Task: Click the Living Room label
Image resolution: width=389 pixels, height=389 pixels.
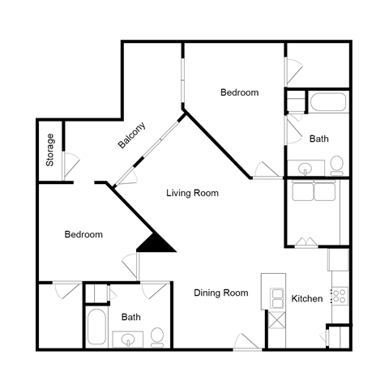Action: (x=192, y=193)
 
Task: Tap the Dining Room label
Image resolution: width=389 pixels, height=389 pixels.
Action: (x=220, y=293)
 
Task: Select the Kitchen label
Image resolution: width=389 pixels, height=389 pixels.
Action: (x=307, y=299)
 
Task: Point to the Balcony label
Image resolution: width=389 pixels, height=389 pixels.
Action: (x=132, y=135)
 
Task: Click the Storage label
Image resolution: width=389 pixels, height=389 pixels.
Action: (x=50, y=150)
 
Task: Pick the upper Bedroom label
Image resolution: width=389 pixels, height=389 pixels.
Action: (x=239, y=92)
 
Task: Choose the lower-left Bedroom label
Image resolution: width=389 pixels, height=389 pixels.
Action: (x=83, y=234)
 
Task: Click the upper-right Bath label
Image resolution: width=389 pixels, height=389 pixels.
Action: (x=319, y=139)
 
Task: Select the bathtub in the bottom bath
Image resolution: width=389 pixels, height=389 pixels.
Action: (x=95, y=327)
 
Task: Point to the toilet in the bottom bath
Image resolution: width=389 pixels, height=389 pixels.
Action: (x=157, y=336)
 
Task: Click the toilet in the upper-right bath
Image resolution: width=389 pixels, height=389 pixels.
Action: (x=336, y=167)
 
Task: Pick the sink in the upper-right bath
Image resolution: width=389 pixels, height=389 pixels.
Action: (x=306, y=169)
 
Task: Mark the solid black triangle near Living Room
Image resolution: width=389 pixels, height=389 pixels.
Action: (x=157, y=242)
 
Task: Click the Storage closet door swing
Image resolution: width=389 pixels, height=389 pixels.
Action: (x=70, y=161)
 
